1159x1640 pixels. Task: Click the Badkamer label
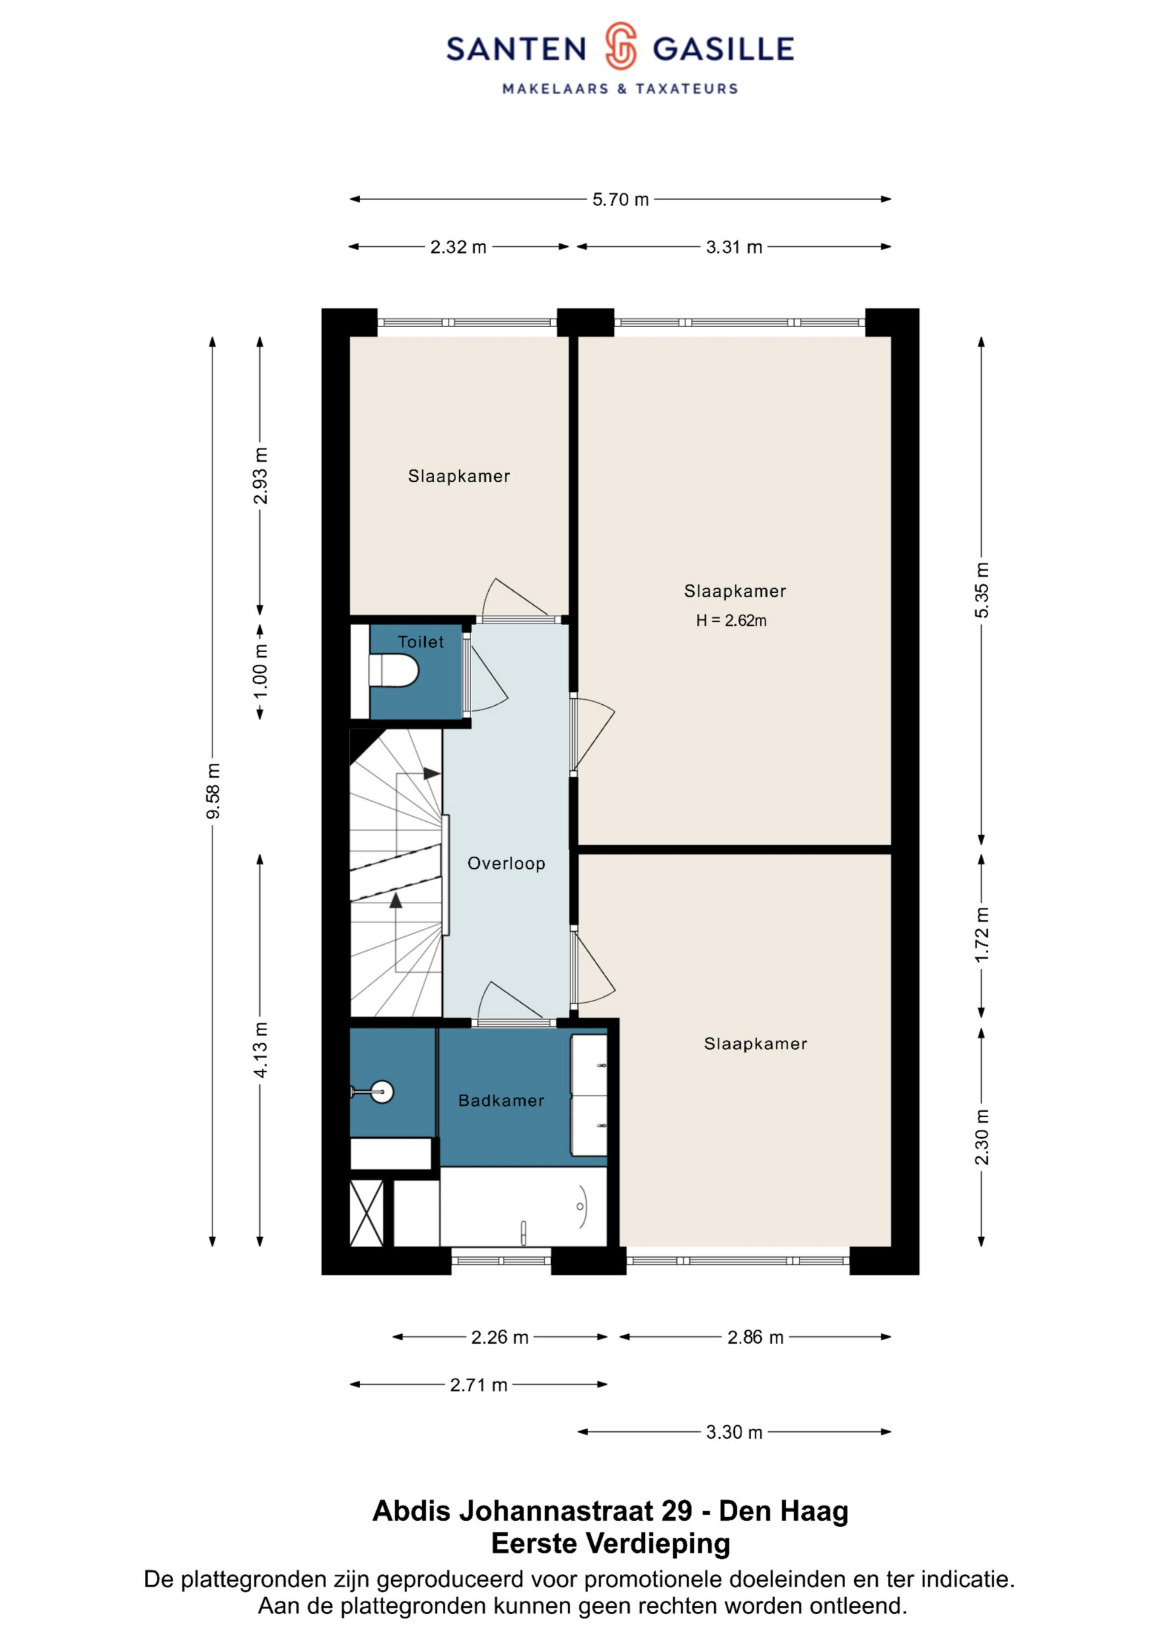pyautogui.click(x=501, y=1100)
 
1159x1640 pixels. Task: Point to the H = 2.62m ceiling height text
pyautogui.click(x=731, y=620)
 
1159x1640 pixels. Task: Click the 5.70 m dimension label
pyautogui.click(x=621, y=199)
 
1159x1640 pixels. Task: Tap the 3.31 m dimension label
pyautogui.click(x=734, y=247)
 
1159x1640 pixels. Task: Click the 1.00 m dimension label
pyautogui.click(x=261, y=672)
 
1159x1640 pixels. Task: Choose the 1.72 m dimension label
pyautogui.click(x=982, y=934)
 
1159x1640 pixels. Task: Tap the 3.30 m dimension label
pyautogui.click(x=734, y=1432)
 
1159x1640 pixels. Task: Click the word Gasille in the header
pyautogui.click(x=723, y=49)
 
